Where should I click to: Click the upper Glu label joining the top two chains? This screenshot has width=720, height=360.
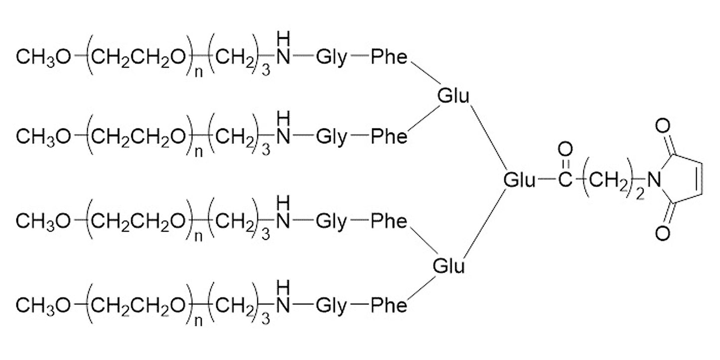(x=453, y=96)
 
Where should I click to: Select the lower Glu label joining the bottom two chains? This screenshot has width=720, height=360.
(x=449, y=266)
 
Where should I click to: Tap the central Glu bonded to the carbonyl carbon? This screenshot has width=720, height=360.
(x=519, y=180)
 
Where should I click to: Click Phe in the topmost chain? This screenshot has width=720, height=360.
(x=389, y=57)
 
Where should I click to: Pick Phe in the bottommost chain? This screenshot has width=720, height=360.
(x=389, y=305)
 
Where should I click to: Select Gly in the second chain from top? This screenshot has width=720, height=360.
(x=332, y=137)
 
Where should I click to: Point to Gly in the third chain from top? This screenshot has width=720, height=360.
(x=332, y=222)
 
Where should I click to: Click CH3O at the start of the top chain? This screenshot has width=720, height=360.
(x=43, y=58)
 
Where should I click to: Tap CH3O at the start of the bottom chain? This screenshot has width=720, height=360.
(x=43, y=306)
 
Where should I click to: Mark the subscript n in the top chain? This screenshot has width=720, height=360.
(x=199, y=72)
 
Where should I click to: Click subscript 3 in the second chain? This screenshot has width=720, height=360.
(x=266, y=150)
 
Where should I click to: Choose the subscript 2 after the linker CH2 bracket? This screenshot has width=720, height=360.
(x=640, y=194)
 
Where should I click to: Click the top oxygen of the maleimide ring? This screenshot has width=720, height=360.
(x=663, y=125)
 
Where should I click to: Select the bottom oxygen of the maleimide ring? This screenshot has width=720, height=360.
(x=663, y=233)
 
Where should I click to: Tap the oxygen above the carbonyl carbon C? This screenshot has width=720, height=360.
(x=565, y=150)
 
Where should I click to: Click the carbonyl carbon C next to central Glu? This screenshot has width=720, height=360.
(x=565, y=179)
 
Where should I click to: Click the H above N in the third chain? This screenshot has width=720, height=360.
(x=283, y=203)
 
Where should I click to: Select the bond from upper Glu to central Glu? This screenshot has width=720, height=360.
(x=489, y=138)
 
